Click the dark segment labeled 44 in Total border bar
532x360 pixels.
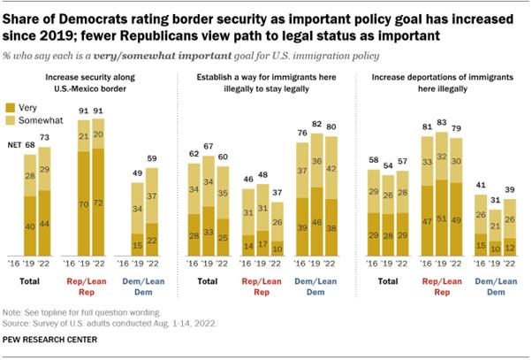(45, 226)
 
